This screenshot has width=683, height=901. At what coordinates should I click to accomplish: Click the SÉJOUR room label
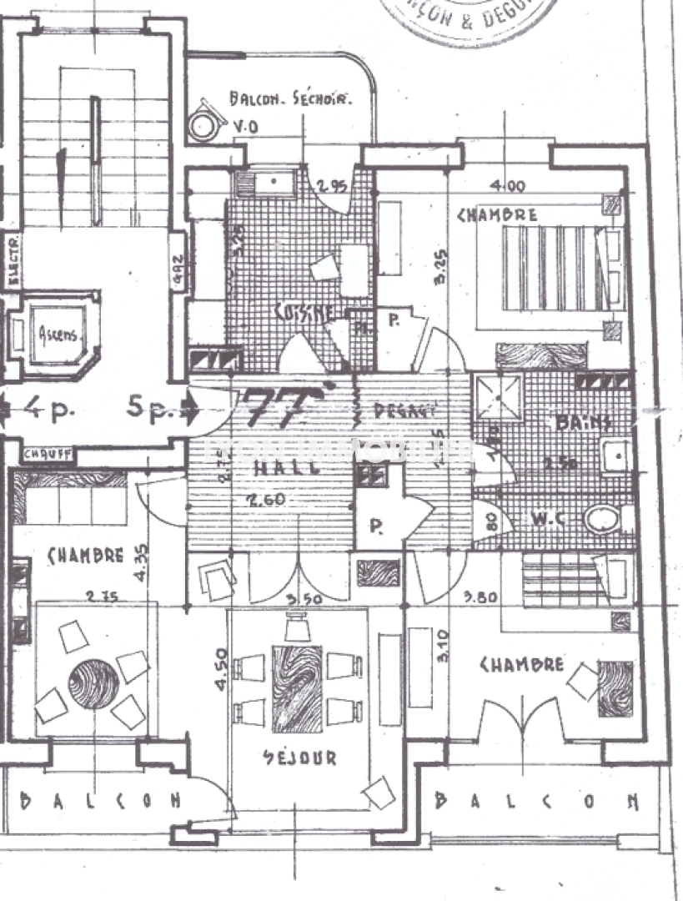pos(299,758)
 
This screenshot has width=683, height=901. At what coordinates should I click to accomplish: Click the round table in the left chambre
pos(93,684)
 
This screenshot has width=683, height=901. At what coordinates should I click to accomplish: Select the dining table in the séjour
pos(298,688)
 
